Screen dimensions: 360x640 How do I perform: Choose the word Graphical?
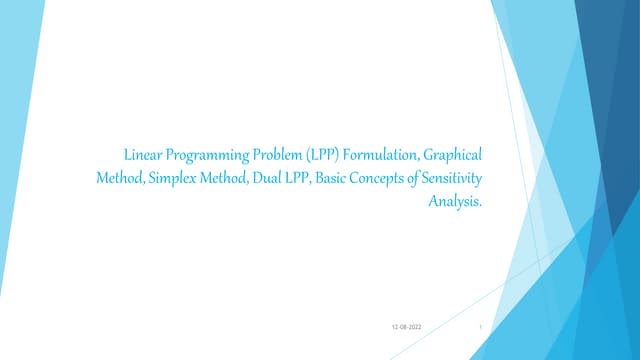tap(453, 156)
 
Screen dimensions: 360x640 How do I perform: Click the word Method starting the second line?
tap(119, 178)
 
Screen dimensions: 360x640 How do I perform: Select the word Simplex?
tap(176, 178)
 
